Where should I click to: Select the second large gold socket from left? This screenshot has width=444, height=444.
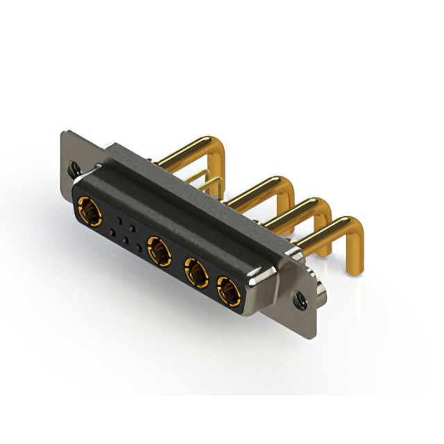coord(158,250)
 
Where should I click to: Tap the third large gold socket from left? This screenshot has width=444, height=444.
coord(196,275)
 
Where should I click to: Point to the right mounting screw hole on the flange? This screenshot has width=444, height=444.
coord(301,301)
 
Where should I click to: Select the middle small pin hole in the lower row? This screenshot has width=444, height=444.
coord(125,239)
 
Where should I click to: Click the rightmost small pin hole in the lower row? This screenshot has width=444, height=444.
coord(139,248)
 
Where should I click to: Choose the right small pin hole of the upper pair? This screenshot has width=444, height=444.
coord(133,226)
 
